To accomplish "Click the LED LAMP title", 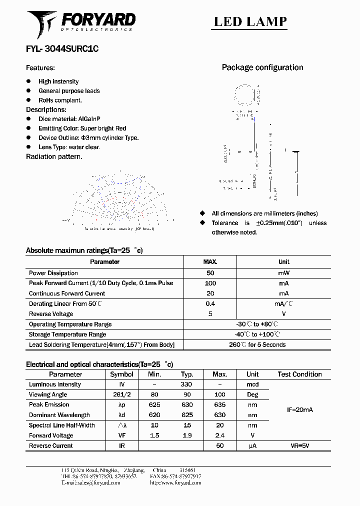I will point(250,21).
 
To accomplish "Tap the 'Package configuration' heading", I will point(262,67).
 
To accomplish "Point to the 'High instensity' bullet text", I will point(58,81).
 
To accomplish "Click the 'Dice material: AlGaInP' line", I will point(69,119).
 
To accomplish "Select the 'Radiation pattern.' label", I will point(54,156).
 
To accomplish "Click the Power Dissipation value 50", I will point(210,273).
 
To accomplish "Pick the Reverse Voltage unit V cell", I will point(283,314).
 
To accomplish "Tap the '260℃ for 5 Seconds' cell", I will point(257,344).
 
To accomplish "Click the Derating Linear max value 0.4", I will point(210,304).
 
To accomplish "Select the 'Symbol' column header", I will point(121,374).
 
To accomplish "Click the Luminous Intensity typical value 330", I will point(186,384).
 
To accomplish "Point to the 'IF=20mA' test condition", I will point(299,410).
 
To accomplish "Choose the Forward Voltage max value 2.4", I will point(219,435).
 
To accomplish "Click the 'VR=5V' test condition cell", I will point(299,445).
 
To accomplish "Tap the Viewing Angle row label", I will point(48,395).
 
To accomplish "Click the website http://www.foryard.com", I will point(175,483).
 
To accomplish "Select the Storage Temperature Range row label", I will point(67,334).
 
